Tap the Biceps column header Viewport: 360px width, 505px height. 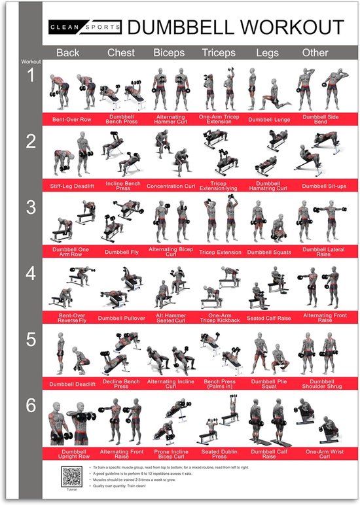click(169, 52)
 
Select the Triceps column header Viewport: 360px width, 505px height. click(219, 52)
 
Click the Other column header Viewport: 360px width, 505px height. click(315, 52)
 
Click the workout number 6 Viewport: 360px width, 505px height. click(31, 406)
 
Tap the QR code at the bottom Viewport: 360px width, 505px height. click(72, 476)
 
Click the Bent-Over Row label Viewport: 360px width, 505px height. click(72, 119)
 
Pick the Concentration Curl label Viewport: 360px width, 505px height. click(171, 186)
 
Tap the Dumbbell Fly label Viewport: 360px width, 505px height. click(121, 252)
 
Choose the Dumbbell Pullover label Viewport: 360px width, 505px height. click(121, 319)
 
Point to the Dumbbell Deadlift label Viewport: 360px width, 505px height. click(72, 384)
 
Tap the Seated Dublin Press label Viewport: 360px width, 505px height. click(219, 453)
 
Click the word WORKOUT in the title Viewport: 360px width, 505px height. click(291, 27)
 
